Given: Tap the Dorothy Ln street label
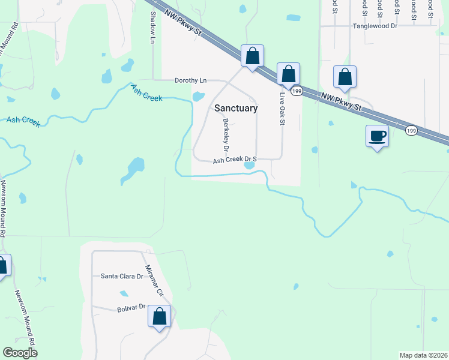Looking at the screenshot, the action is (190, 80).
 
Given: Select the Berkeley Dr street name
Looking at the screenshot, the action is (226, 134).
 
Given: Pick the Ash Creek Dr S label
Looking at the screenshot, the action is (235, 160).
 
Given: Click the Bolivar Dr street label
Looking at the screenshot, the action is (131, 307).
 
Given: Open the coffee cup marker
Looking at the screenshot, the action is (377, 136).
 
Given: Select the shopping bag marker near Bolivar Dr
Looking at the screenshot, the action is (160, 316).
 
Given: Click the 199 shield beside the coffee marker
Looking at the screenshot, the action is (411, 130).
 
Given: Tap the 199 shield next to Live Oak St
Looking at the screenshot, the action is (297, 91).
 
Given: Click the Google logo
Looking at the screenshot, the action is (20, 353).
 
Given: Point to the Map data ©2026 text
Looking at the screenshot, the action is (423, 355).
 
